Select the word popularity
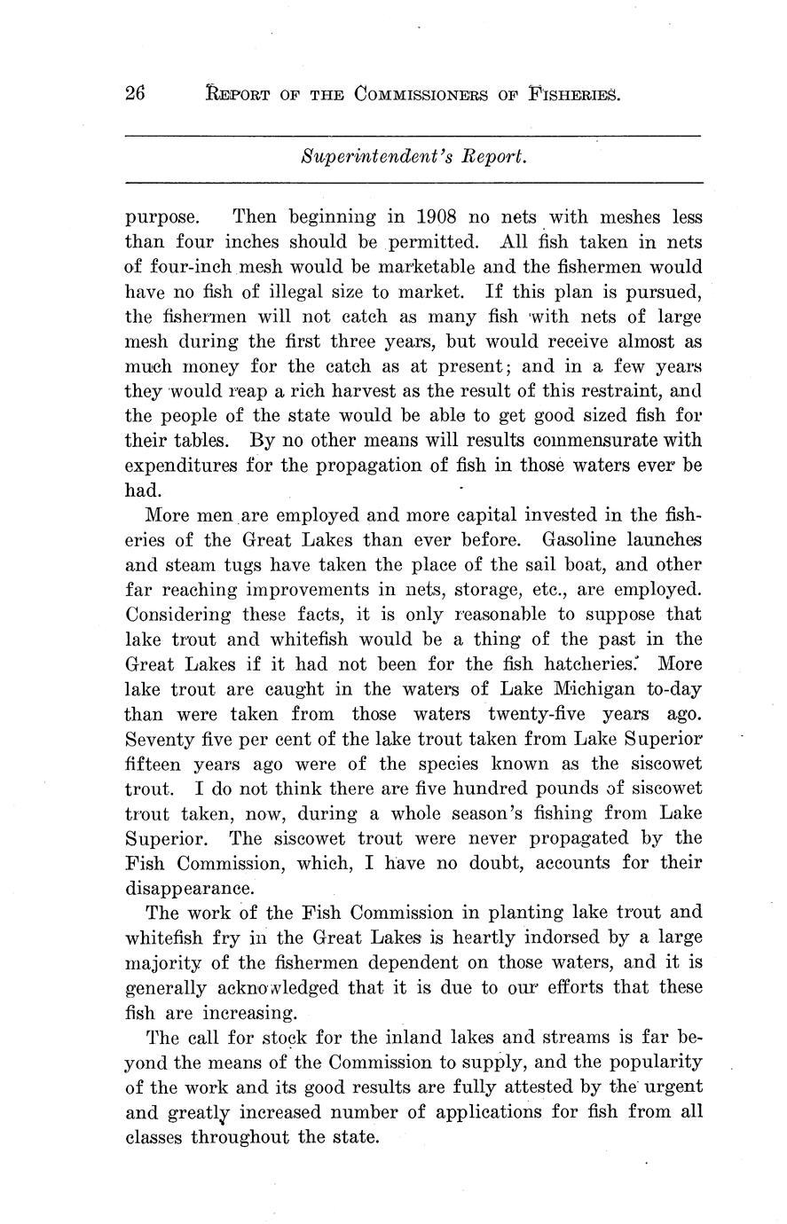coord(647,1062)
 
